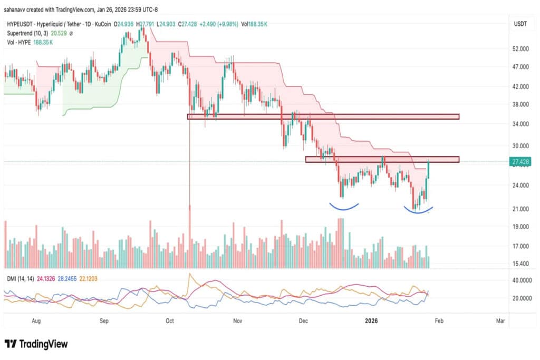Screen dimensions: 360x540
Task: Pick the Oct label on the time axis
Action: pyautogui.click(x=170, y=320)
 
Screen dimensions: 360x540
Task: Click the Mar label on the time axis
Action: pyautogui.click(x=500, y=320)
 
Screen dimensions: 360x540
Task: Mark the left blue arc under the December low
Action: pyautogui.click(x=344, y=207)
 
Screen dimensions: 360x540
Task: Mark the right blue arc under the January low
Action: pyautogui.click(x=418, y=211)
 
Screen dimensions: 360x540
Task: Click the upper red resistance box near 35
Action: pyautogui.click(x=323, y=116)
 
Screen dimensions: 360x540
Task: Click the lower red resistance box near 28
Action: pyautogui.click(x=382, y=159)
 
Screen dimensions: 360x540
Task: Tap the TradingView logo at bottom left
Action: pyautogui.click(x=36, y=344)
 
